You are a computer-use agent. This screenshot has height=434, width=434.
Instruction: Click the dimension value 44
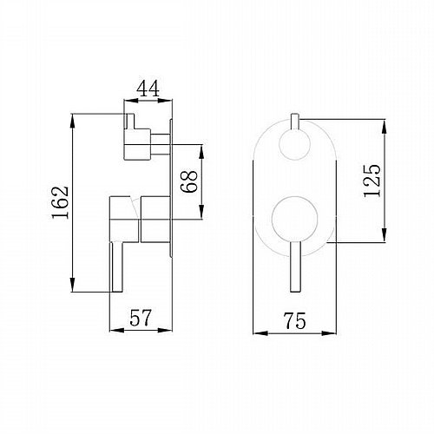pos(148,89)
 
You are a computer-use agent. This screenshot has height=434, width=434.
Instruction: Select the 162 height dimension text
pos(61,202)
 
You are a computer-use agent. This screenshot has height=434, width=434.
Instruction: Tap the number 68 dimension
pos(188,181)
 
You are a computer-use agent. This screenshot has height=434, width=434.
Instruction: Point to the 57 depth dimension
pos(141,318)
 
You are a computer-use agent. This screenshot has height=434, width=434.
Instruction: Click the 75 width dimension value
pos(294,320)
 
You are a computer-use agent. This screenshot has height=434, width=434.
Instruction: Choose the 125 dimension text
pos(372,181)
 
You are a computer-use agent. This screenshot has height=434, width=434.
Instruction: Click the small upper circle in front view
pos(295,144)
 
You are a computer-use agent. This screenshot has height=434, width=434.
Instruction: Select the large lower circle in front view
pos(295,219)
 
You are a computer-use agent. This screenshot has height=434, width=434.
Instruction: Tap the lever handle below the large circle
pos(295,266)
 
